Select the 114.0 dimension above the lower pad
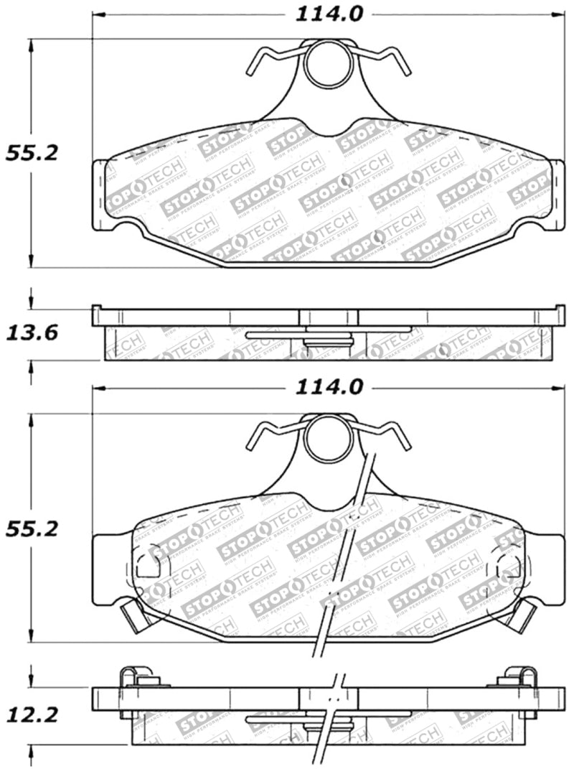329,388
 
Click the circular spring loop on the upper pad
329,64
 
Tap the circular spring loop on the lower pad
329,439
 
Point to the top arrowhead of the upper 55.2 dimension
30,44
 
